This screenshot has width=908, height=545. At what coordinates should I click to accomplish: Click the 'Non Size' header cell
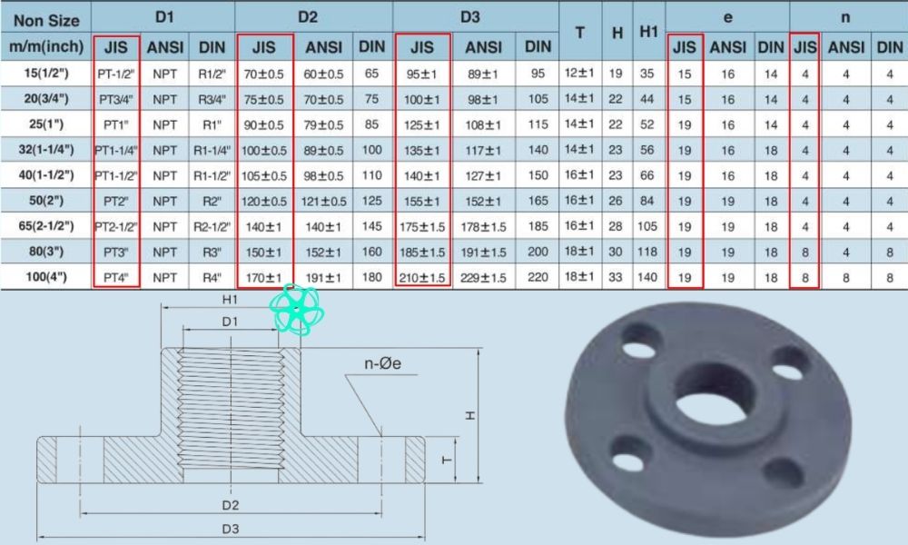click(47, 18)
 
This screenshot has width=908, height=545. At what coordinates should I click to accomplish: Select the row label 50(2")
click(47, 198)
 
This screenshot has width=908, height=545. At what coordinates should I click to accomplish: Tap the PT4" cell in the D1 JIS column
click(117, 276)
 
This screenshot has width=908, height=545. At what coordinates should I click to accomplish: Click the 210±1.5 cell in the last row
click(422, 276)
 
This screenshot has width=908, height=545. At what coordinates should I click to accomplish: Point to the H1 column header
click(647, 31)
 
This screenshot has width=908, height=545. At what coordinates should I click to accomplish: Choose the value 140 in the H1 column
click(647, 276)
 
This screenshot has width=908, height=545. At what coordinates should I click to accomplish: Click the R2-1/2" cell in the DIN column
click(212, 225)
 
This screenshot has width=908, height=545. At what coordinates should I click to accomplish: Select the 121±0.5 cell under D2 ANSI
click(324, 199)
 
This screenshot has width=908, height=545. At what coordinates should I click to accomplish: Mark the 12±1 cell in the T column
click(579, 72)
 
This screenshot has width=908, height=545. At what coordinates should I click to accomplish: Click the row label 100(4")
click(47, 276)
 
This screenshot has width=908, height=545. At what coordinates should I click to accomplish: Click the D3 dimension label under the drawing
click(230, 528)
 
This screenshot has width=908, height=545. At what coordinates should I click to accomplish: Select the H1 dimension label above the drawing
click(230, 298)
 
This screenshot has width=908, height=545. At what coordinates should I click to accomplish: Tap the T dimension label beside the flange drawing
click(447, 460)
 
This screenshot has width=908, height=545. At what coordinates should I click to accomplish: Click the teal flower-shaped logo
click(298, 310)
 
